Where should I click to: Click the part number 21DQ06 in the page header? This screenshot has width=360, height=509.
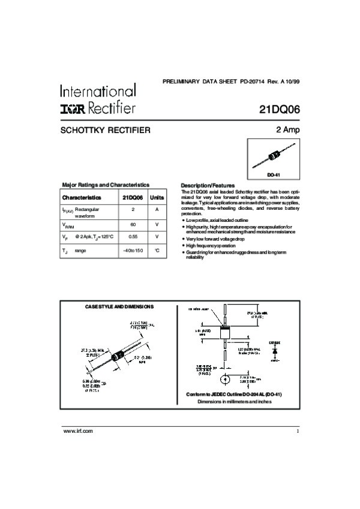pos(280,110)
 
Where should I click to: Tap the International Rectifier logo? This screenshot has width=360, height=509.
pos(98,99)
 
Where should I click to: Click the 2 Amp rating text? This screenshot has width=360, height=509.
pos(287,129)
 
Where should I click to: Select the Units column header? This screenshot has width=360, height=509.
pos(157,197)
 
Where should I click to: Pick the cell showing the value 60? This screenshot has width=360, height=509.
pos(133,224)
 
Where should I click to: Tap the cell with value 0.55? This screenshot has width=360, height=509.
pos(133,237)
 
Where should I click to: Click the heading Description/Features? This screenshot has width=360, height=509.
pos(208,185)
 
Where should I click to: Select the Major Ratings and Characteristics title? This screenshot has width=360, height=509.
pos(106,185)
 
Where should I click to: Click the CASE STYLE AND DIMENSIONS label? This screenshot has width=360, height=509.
pos(119,306)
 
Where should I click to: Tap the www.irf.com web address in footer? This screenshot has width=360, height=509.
pos(78,431)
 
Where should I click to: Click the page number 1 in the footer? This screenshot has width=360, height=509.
pos(297,431)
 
